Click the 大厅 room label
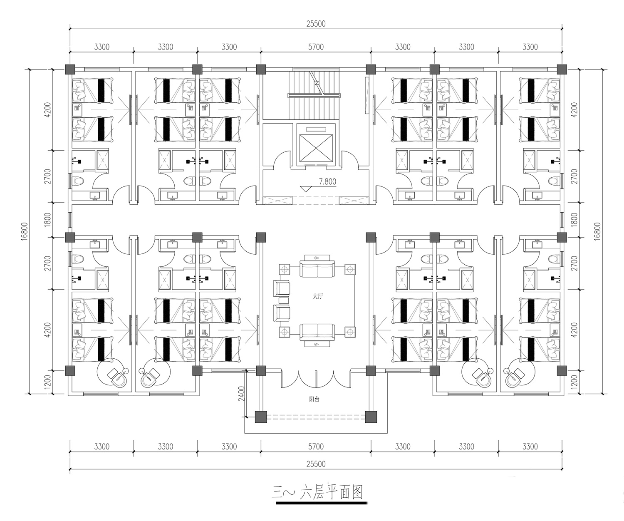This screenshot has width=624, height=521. pyautogui.click(x=317, y=297)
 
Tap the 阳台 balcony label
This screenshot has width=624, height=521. pyautogui.click(x=314, y=399)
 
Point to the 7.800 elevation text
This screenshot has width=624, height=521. pyautogui.click(x=327, y=182)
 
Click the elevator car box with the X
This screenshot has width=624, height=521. pyautogui.click(x=316, y=148)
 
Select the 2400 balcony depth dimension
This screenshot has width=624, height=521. pyautogui.click(x=242, y=394)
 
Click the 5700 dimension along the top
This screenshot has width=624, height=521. pyautogui.click(x=316, y=47)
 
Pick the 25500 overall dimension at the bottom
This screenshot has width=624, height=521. pyautogui.click(x=316, y=464)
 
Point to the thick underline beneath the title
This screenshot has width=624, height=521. pyautogui.click(x=322, y=504)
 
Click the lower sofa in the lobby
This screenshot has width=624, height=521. pyautogui.click(x=317, y=335)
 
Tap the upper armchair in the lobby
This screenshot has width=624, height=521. pyautogui.click(x=281, y=288)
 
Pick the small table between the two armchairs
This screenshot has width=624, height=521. pyautogui.click(x=284, y=300)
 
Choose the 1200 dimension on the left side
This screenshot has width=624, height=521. pyautogui.click(x=48, y=382)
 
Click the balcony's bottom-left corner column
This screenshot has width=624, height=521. pyautogui.click(x=261, y=417)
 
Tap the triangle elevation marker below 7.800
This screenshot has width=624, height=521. pyautogui.click(x=305, y=189)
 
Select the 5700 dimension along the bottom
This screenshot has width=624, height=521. pyautogui.click(x=316, y=447)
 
